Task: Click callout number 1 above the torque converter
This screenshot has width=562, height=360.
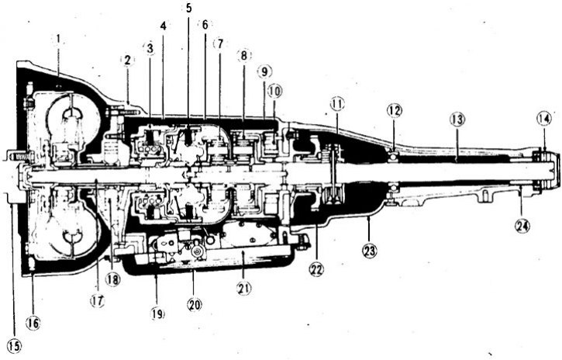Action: (x=58, y=39)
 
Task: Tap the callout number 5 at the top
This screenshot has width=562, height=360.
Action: (x=188, y=9)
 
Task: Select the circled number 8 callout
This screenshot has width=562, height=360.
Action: (x=243, y=56)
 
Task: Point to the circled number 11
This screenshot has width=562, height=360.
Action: (x=336, y=104)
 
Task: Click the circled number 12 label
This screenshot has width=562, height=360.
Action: (x=395, y=111)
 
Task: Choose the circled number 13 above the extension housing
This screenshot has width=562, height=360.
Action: (x=457, y=119)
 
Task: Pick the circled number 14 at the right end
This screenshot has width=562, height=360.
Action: (x=543, y=119)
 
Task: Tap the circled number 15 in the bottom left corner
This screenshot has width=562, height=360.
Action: (x=14, y=346)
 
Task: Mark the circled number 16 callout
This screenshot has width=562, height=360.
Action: (x=33, y=324)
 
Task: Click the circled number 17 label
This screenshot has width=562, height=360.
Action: (x=97, y=301)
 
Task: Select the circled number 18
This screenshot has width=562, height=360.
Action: (x=112, y=279)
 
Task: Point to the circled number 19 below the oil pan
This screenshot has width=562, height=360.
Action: (x=157, y=313)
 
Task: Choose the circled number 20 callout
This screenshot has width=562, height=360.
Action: (x=195, y=305)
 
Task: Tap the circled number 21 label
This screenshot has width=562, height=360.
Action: (x=243, y=288)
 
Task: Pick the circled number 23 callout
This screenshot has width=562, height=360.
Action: (x=370, y=251)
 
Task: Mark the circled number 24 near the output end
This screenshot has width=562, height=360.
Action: (x=522, y=226)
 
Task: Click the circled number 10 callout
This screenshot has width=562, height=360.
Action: (x=274, y=91)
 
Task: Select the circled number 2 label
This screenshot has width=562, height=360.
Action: (x=127, y=61)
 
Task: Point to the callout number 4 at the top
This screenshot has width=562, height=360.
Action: (x=164, y=26)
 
